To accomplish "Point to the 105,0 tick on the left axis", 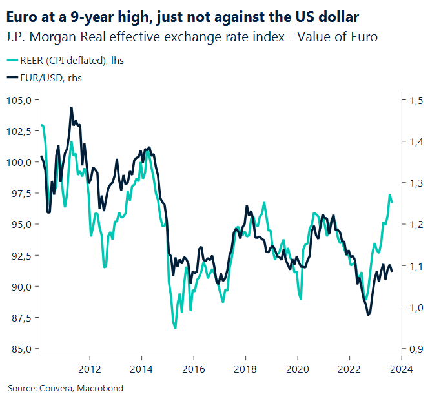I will tap(19, 100).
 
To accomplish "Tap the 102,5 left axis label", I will tap(19, 131).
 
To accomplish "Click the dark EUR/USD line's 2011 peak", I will tap(71, 107).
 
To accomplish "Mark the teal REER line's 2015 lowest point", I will tap(175, 328).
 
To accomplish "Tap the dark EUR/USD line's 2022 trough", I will tap(368, 315).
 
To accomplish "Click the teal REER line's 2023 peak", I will tap(389, 195).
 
